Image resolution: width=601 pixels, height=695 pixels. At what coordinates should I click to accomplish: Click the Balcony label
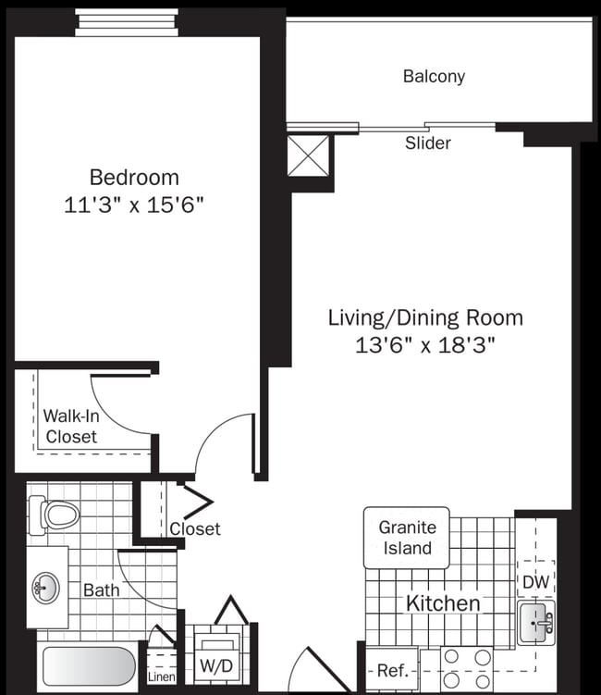[x=434, y=77]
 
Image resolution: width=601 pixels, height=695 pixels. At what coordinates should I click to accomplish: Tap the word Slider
[x=428, y=143]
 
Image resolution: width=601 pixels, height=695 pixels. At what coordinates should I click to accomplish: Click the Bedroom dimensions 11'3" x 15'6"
[x=134, y=205]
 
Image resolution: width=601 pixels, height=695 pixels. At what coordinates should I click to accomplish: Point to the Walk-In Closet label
[x=70, y=427]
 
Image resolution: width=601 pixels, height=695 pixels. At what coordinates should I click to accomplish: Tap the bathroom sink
[x=45, y=587]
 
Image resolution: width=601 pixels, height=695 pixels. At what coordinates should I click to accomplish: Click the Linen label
[x=160, y=677]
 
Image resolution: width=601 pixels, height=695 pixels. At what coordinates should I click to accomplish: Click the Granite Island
[x=406, y=538]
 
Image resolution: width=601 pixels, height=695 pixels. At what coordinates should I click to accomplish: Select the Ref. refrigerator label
[x=392, y=671]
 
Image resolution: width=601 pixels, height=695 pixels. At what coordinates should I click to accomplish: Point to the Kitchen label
[x=443, y=604]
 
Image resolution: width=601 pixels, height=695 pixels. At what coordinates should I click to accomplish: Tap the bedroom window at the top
[x=126, y=19]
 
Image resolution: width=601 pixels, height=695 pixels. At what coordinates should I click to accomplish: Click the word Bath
[x=101, y=590]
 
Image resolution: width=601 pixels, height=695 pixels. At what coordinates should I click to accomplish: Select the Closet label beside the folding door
[x=195, y=528]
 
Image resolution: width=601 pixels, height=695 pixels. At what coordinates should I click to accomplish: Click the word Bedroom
[x=134, y=177]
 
